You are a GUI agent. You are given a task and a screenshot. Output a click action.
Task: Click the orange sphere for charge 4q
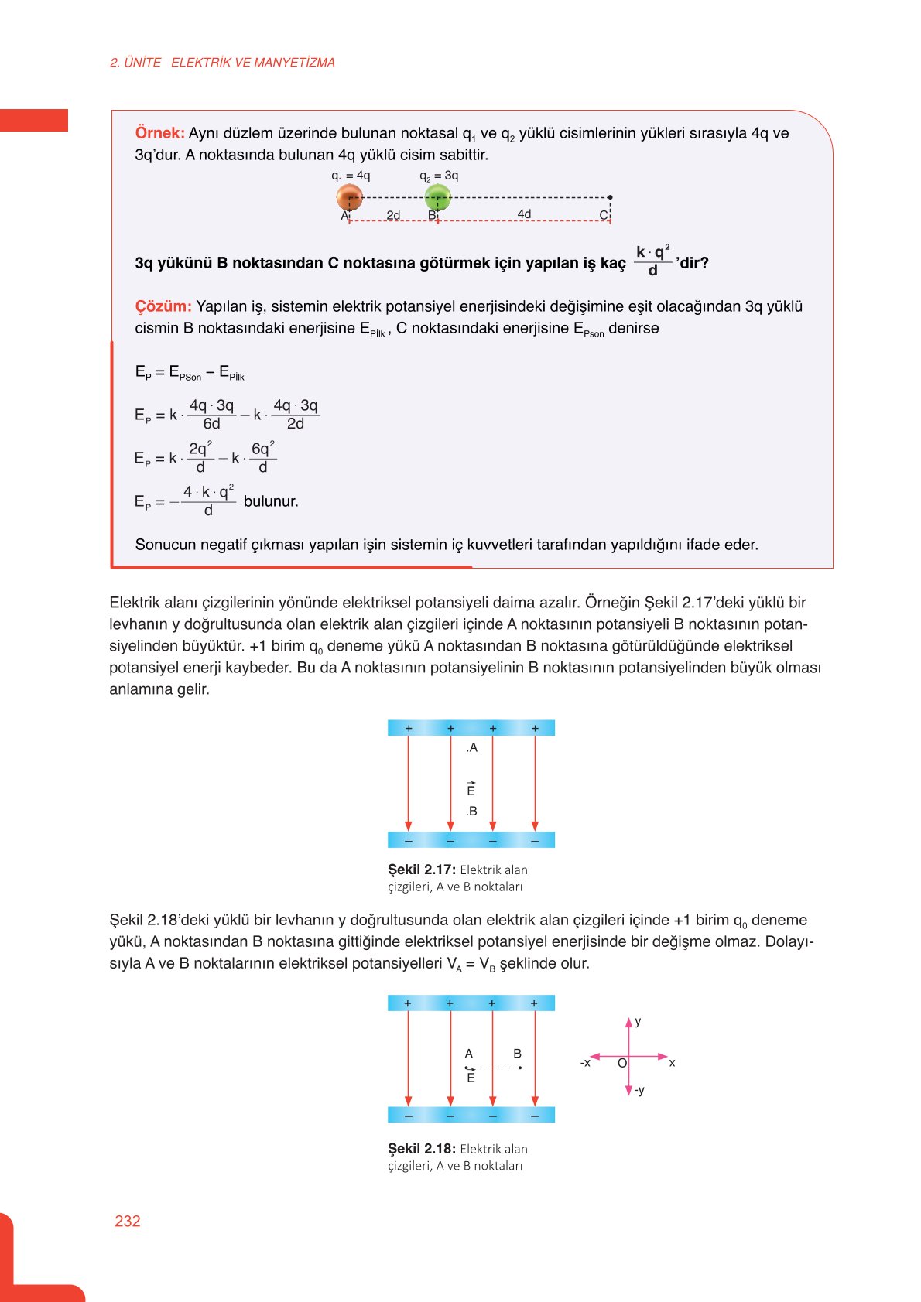[349, 196]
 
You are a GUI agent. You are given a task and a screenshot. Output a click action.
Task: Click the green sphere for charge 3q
[437, 196]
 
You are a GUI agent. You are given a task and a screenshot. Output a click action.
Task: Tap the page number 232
[128, 1221]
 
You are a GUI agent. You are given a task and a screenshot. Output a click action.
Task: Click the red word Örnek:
[159, 133]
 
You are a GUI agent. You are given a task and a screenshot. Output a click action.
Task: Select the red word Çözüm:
[163, 306]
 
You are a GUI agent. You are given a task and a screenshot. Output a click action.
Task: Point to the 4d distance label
[524, 214]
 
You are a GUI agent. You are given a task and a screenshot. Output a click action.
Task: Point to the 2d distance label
[393, 215]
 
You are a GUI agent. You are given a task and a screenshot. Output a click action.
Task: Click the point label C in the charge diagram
[603, 215]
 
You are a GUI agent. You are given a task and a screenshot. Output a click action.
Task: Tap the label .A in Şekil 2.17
[471, 747]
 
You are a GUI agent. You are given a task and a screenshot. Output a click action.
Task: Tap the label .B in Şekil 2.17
[471, 811]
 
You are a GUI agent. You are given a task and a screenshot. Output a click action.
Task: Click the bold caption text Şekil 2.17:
[421, 870]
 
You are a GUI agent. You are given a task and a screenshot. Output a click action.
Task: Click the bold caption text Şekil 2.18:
[421, 1149]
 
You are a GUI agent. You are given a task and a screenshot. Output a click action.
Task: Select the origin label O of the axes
[621, 1064]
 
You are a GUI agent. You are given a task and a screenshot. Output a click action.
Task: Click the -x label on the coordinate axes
[585, 1063]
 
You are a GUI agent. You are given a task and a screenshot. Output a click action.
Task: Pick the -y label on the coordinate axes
[639, 1090]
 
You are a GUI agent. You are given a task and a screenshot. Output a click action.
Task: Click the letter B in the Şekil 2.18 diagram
[517, 1054]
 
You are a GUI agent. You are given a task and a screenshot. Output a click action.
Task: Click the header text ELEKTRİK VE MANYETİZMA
[252, 63]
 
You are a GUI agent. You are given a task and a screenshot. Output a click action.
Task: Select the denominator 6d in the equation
[211, 424]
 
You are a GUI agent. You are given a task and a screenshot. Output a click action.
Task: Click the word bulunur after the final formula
[270, 501]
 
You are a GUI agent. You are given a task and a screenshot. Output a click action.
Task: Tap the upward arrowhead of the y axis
[628, 1023]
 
